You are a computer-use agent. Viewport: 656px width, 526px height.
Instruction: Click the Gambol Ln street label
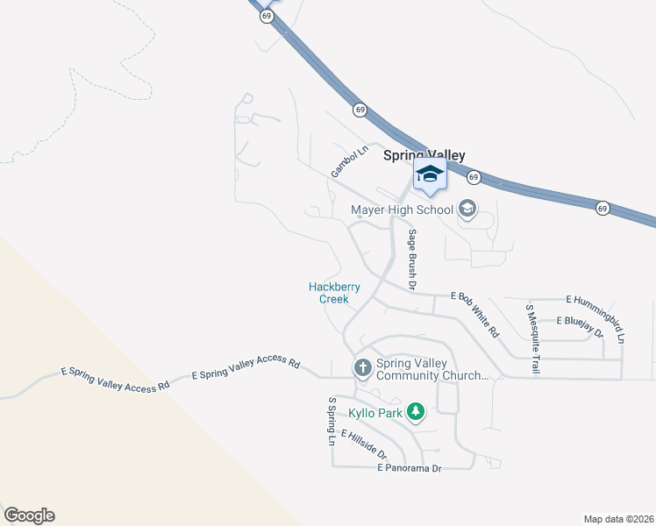point(346,162)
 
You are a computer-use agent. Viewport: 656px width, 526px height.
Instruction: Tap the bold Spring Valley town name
point(424,155)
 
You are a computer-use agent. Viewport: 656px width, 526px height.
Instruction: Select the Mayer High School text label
point(402,210)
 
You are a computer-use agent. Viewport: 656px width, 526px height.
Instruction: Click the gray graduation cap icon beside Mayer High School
point(467,209)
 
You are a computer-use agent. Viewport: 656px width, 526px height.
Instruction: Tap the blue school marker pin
point(430,174)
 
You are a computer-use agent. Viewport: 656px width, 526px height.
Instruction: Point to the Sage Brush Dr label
point(410,260)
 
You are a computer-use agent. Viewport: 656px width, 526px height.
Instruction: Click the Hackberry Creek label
point(334,293)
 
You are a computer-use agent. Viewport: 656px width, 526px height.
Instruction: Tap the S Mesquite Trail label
point(531,339)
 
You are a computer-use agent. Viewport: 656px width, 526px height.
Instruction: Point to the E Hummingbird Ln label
point(596,318)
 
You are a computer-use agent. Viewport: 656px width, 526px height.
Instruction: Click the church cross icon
point(362,369)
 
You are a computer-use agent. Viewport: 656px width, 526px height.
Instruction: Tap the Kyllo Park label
point(378,411)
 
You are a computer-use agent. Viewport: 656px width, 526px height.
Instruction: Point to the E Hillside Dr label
point(363,445)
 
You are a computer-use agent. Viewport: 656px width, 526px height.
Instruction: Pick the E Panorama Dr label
point(409,469)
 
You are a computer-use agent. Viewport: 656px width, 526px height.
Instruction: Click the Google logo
point(29,515)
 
